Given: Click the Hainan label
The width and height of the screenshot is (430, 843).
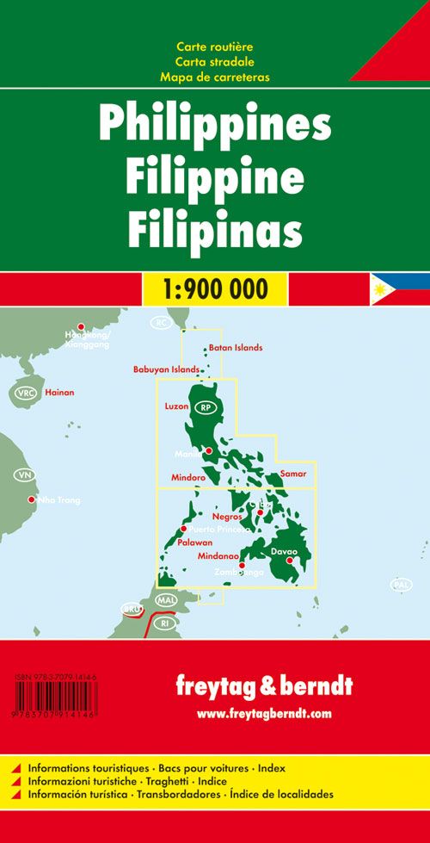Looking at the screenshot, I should (x=60, y=393).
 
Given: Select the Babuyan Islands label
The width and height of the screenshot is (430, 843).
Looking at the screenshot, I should (x=166, y=370).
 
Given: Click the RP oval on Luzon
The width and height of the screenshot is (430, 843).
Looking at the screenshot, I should (x=204, y=407).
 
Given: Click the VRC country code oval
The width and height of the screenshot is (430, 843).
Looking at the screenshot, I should (x=26, y=394).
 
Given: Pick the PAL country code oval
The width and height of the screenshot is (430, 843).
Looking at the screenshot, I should (x=401, y=586).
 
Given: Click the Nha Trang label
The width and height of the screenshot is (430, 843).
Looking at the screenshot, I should (x=61, y=499).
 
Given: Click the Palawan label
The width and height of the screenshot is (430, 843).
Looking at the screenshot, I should (x=195, y=542).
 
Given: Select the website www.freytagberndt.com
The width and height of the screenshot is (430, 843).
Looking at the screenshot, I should (x=263, y=713).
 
